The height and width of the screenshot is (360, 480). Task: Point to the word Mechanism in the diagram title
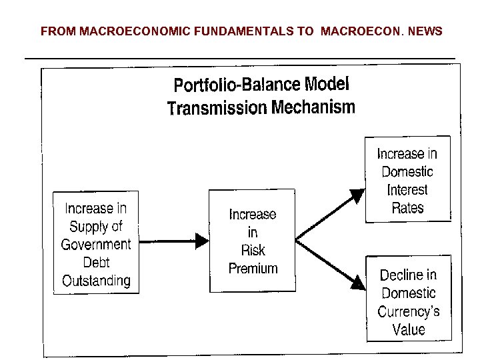tap(314, 107)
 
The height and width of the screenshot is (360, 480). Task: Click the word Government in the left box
tap(96, 244)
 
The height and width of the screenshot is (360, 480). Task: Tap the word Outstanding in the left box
tap(96, 280)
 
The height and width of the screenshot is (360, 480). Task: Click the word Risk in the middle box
tap(253, 250)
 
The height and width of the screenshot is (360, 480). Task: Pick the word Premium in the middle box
tap(253, 268)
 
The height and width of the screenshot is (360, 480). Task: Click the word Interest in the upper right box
tap(407, 189)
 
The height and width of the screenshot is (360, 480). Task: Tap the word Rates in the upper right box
tap(407, 207)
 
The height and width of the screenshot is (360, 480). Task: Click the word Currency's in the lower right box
tap(408, 311)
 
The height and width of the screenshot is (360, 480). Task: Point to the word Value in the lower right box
tap(408, 329)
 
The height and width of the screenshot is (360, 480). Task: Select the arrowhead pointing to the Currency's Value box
tap(358, 283)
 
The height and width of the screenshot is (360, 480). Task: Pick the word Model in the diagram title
tap(326, 85)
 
